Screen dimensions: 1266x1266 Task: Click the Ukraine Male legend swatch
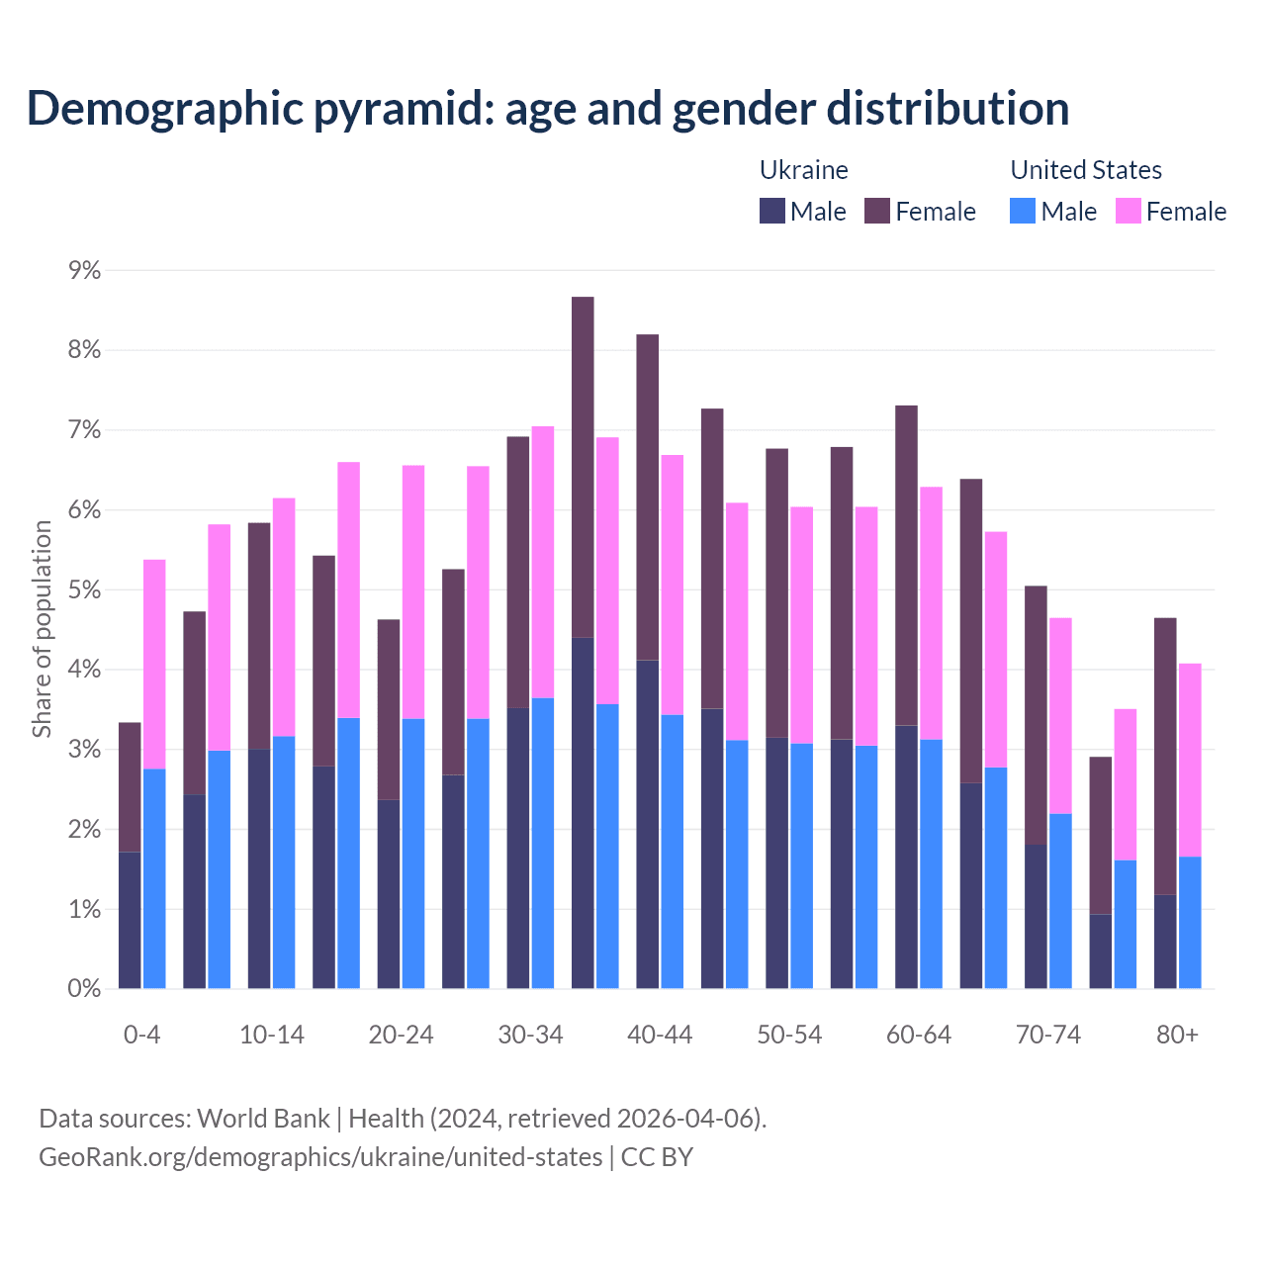772,212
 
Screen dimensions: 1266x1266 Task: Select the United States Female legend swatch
1129,212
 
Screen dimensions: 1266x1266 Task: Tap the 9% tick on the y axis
84,270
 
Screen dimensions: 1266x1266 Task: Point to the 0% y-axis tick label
84,988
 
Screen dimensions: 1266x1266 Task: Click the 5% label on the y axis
84,589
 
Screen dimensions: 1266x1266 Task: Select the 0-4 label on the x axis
141,1035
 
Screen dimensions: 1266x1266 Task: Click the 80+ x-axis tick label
1177,1035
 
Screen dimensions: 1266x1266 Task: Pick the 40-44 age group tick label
660,1035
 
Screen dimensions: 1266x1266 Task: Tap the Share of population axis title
42,629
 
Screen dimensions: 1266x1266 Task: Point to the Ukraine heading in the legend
803,170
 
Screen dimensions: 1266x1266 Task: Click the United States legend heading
1085,170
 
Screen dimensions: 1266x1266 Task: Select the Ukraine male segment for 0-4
130,920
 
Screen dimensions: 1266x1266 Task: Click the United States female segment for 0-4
154,664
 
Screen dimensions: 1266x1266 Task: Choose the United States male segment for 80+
1190,922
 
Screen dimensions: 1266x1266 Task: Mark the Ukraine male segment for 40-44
647,824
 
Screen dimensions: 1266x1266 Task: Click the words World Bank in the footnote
263,1119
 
